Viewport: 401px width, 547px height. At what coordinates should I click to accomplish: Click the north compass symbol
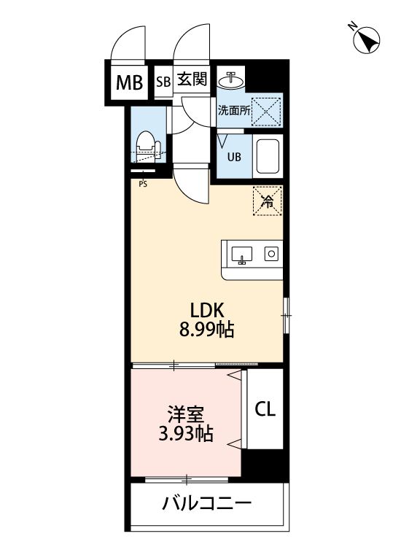point(367,40)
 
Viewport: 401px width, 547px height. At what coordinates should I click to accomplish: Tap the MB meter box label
point(131,82)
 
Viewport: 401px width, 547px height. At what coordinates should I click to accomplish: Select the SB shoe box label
point(163,82)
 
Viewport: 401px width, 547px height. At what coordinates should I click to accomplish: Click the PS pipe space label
point(142,184)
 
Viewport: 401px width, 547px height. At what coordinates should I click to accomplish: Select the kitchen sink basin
point(242,255)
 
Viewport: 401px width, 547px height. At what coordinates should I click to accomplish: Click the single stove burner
point(270,255)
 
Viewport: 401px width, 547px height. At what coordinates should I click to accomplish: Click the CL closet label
point(265,410)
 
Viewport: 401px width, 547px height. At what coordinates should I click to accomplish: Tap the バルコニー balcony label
point(207,503)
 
